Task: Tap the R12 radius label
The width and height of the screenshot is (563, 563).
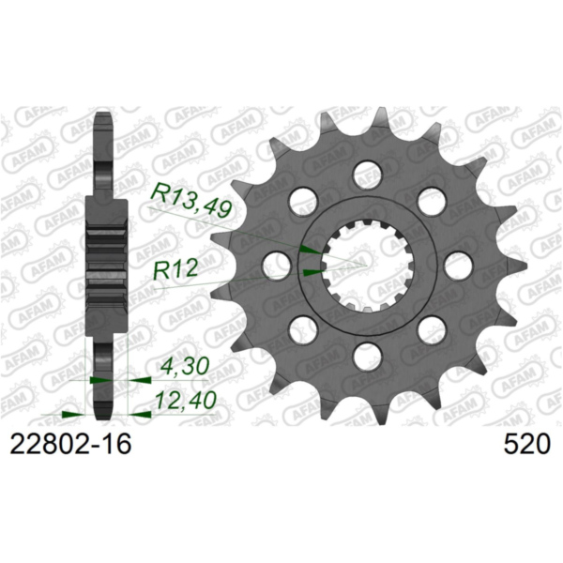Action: click(x=177, y=272)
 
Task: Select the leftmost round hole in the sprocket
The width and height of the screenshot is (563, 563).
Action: click(x=277, y=264)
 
